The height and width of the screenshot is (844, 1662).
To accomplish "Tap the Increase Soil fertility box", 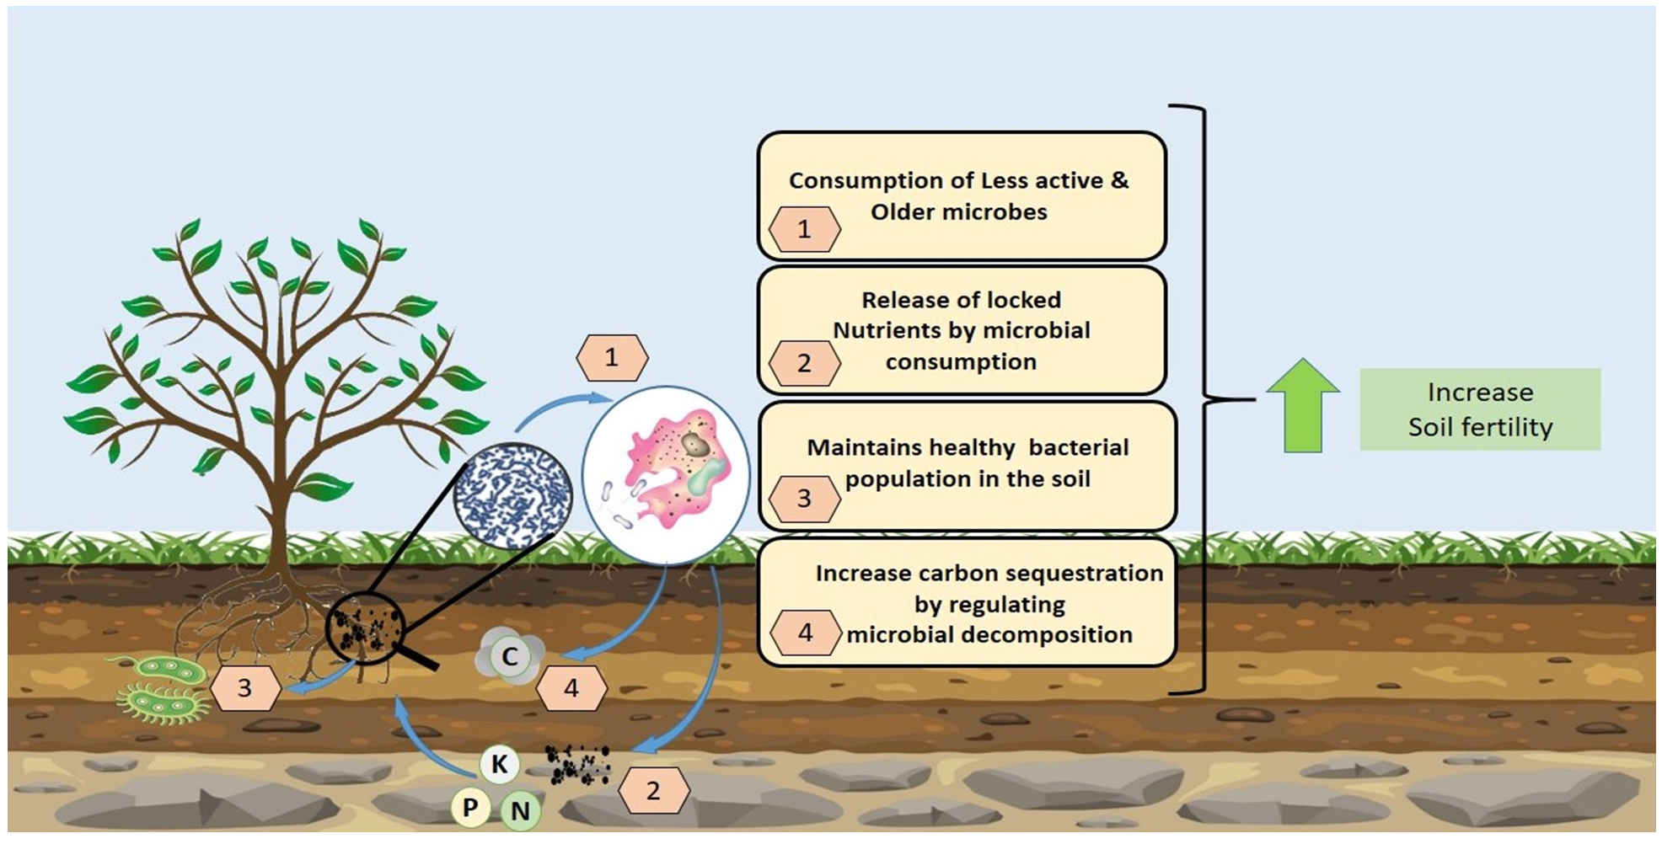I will [1480, 409].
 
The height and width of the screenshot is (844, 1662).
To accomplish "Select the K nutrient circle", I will [500, 764].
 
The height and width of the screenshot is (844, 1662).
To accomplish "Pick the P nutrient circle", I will [470, 808].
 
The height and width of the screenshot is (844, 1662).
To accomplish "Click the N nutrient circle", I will [520, 810].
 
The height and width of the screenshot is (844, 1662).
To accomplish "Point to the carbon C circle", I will [510, 657].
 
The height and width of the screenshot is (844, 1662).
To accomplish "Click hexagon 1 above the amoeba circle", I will [612, 358].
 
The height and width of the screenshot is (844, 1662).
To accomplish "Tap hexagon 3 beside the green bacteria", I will [244, 688].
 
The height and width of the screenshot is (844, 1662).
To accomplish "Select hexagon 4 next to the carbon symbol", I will [571, 688].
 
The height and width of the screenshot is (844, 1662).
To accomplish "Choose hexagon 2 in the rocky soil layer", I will [653, 791].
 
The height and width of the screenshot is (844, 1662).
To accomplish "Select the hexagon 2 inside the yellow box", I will [804, 363].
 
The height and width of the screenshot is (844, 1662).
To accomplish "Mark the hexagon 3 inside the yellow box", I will [804, 499].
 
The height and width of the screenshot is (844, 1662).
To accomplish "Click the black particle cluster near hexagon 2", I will [577, 764].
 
